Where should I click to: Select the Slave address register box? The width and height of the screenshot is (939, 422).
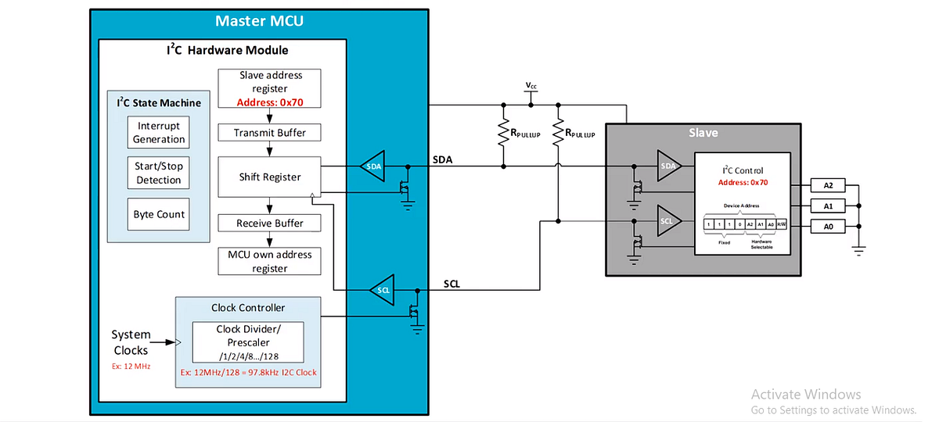point(270,88)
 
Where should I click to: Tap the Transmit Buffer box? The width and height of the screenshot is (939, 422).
point(270,133)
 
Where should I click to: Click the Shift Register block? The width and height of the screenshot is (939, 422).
point(270,177)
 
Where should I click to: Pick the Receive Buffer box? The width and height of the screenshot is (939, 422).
point(270,224)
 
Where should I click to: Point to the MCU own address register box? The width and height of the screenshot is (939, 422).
point(270,261)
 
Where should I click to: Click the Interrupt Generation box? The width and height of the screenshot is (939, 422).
point(159,133)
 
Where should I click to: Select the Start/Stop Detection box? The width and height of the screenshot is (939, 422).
point(159,173)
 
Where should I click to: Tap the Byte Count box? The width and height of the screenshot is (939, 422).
point(159,214)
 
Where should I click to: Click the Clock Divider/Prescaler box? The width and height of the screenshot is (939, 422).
point(248,342)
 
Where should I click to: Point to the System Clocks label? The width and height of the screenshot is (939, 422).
point(130,342)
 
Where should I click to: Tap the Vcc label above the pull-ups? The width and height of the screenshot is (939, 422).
point(531,85)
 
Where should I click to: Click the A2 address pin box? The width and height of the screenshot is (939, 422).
point(828,185)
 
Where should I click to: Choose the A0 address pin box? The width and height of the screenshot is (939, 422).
point(828,227)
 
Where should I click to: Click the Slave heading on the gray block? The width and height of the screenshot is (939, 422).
point(703,133)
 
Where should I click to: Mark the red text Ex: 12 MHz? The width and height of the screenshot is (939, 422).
point(130,366)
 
